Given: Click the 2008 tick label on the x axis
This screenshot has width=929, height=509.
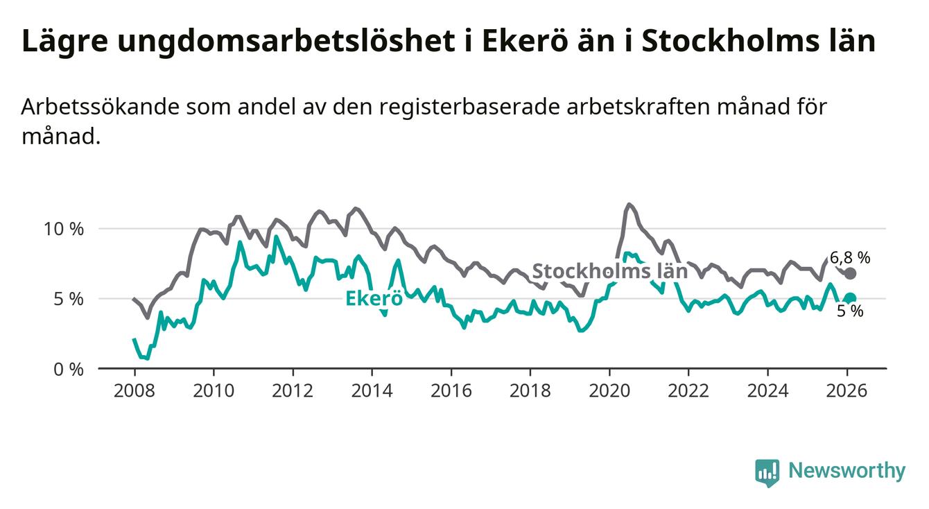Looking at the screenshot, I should click(x=133, y=390).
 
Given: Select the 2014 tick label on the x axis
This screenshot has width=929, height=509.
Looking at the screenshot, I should click(x=372, y=390).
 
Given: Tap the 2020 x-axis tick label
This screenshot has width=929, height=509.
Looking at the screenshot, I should click(x=609, y=390).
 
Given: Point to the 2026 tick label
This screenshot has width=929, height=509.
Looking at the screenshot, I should click(x=847, y=390).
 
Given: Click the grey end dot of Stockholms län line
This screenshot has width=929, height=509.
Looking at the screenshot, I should click(x=851, y=273).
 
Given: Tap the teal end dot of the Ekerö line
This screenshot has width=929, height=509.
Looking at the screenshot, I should click(x=851, y=298).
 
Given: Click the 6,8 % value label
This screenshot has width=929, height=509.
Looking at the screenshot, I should click(x=850, y=257).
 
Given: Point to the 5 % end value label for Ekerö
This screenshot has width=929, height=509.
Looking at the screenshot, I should click(x=850, y=312).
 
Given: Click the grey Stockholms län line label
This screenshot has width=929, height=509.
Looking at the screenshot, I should click(x=609, y=271).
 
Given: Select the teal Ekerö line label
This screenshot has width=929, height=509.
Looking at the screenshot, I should click(x=374, y=299).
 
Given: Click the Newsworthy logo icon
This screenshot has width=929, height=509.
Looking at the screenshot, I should click(x=767, y=472).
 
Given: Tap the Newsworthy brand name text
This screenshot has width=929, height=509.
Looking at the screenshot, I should click(x=846, y=472).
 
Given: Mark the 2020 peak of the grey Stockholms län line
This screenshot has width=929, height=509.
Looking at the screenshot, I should click(x=629, y=204).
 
